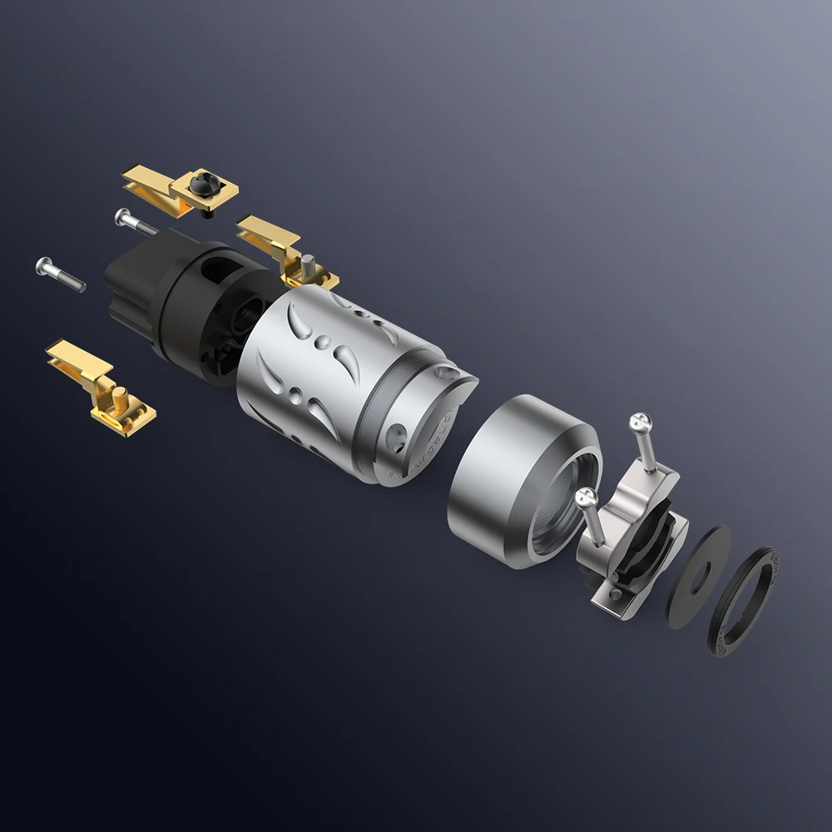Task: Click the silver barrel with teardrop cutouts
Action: (324, 366)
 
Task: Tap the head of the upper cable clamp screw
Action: (640, 422)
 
